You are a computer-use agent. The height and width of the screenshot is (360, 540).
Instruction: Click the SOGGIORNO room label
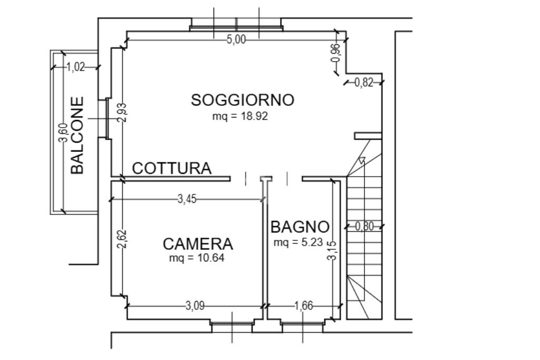click(242, 100)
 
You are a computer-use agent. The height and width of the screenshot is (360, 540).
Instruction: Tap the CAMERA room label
click(198, 244)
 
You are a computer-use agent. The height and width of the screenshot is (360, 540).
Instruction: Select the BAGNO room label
click(300, 227)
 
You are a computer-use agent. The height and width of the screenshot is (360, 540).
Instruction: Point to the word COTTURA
click(171, 168)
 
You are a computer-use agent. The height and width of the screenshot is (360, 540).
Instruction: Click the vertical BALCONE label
click(77, 135)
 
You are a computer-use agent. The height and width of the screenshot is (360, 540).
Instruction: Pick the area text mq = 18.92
click(240, 116)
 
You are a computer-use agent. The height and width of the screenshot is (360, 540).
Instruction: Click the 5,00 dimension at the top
click(236, 40)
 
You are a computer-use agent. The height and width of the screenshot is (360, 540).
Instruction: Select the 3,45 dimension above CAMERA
click(187, 199)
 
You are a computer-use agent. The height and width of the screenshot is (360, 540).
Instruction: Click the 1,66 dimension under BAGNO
click(303, 306)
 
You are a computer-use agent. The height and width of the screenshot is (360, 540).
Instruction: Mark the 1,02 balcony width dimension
click(76, 67)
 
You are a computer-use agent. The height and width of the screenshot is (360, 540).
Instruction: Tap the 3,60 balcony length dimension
click(63, 132)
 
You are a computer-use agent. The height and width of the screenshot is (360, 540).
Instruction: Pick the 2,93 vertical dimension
click(122, 112)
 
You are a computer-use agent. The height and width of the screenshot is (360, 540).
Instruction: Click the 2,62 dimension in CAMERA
click(122, 239)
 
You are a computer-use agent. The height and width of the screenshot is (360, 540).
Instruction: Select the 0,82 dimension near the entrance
click(364, 82)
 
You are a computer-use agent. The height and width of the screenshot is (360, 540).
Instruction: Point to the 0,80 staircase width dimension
click(364, 227)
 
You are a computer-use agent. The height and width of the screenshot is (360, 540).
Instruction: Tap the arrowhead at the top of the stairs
click(361, 161)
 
